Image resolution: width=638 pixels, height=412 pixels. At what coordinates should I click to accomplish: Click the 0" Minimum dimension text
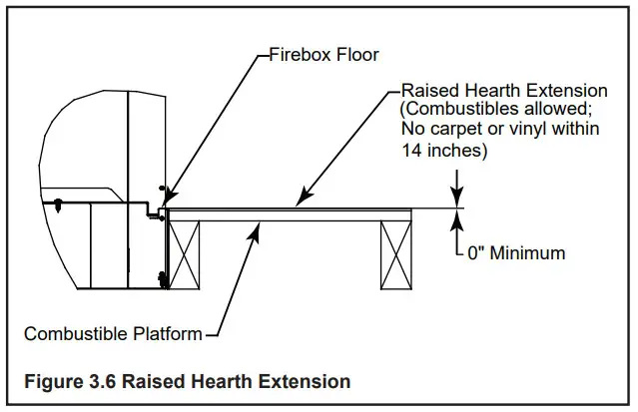pos(516,253)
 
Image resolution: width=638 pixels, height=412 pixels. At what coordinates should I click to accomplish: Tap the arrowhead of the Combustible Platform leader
pos(263,226)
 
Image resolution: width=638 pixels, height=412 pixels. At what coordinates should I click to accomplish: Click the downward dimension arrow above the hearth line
pos(457,199)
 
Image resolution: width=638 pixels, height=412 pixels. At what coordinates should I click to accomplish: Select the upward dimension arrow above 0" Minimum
pos(457,217)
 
